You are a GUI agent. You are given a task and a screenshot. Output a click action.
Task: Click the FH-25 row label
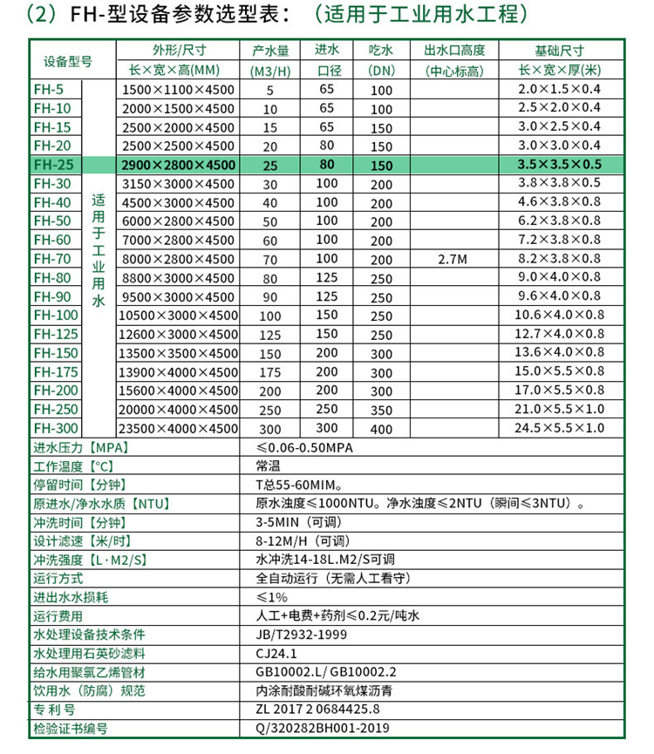51,165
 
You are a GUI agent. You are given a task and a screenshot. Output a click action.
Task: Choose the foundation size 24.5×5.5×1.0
559,428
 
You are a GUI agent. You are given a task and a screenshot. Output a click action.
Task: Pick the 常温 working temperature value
269,466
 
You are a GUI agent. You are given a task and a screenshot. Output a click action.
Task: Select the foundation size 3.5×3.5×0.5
559,165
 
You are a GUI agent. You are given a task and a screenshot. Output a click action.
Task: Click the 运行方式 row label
58,578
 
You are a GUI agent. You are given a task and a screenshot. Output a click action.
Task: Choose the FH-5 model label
48,89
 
